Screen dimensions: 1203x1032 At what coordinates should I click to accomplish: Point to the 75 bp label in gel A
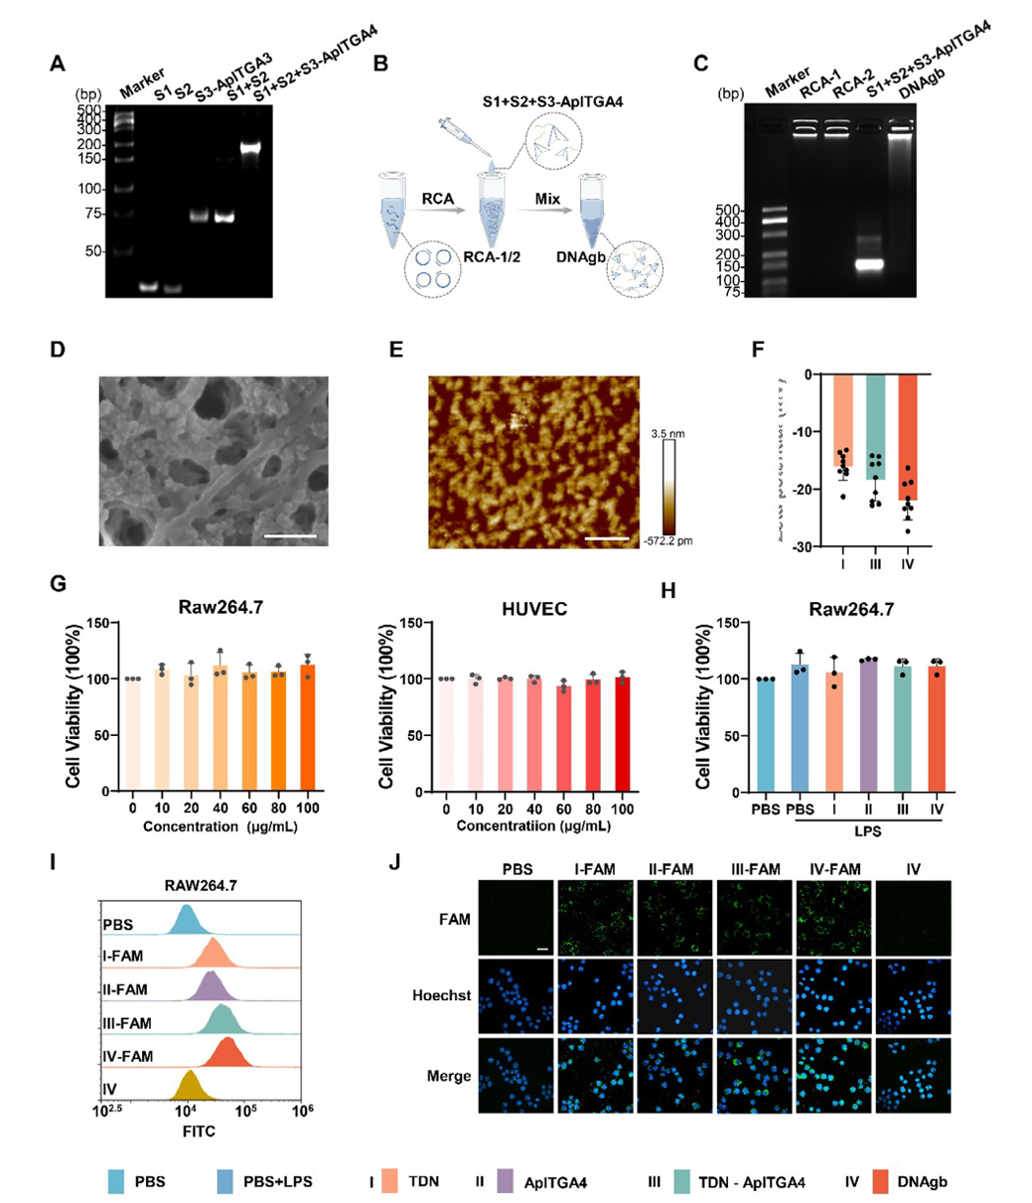point(91,214)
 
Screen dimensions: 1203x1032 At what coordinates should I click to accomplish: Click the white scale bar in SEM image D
point(291,536)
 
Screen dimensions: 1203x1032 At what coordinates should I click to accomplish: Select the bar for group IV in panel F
point(910,437)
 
